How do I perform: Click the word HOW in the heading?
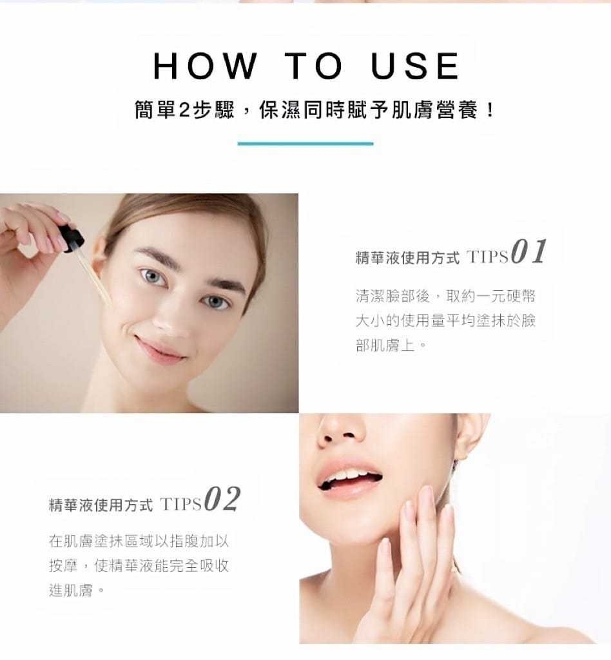(x=205, y=66)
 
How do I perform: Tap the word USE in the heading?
(x=415, y=66)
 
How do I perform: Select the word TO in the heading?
(x=313, y=66)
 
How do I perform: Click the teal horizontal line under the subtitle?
(x=305, y=144)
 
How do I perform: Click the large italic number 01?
(x=529, y=252)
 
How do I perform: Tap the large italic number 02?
(x=222, y=500)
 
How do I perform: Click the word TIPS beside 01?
(x=487, y=257)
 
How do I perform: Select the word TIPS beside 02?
(x=181, y=504)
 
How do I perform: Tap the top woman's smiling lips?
(x=160, y=349)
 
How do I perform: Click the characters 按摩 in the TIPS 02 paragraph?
(x=63, y=566)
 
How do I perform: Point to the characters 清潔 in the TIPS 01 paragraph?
(x=371, y=296)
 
